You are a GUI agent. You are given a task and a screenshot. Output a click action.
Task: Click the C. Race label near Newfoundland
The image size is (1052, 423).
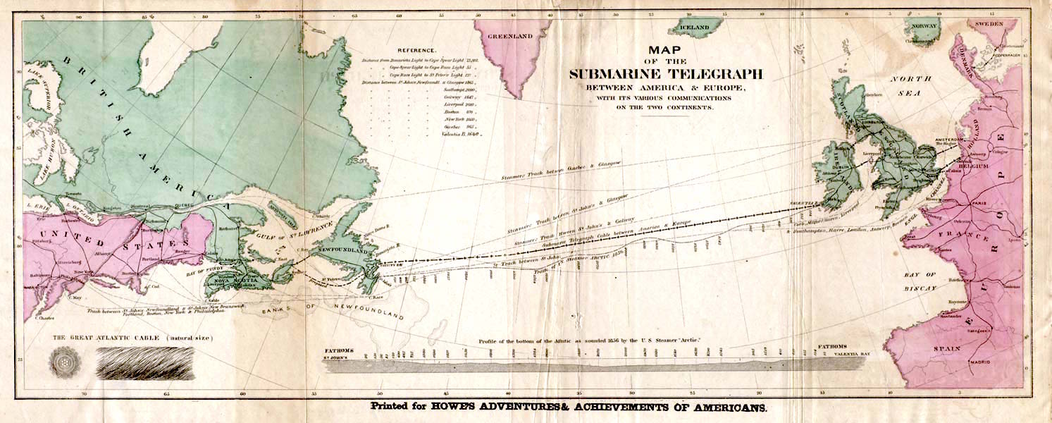coord(375,297)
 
